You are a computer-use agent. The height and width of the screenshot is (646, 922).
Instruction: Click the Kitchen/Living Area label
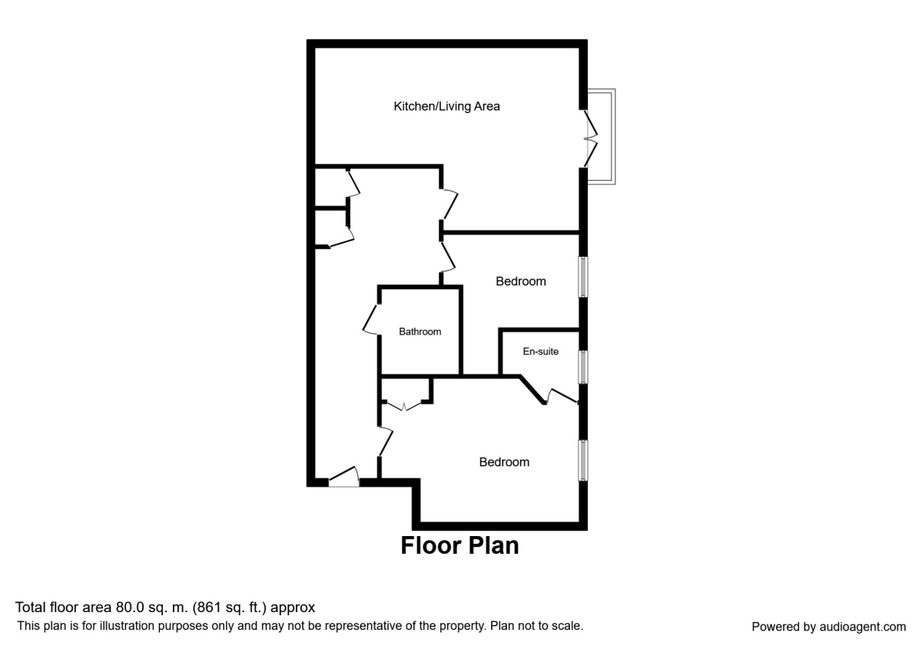click(x=446, y=106)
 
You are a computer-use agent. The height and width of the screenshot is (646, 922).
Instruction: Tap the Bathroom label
click(x=420, y=332)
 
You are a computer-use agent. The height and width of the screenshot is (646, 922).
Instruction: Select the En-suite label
click(x=540, y=351)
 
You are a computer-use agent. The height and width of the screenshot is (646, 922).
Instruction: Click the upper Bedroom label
click(x=520, y=281)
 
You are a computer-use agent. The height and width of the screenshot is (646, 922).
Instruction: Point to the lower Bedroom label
click(x=504, y=462)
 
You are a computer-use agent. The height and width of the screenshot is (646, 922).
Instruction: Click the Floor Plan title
click(x=459, y=545)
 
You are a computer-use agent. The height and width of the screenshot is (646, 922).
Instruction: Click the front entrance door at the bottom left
click(x=344, y=478)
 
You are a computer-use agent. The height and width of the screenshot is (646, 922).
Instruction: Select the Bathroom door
click(x=372, y=320)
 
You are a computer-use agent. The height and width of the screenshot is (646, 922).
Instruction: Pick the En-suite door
click(x=562, y=395)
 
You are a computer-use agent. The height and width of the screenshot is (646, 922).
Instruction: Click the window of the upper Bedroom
click(x=583, y=277)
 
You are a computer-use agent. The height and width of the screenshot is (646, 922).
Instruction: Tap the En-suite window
click(x=583, y=367)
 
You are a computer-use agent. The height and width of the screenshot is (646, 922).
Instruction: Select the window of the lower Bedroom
click(x=583, y=461)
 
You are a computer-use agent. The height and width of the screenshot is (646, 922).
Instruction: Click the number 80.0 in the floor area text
click(x=128, y=608)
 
